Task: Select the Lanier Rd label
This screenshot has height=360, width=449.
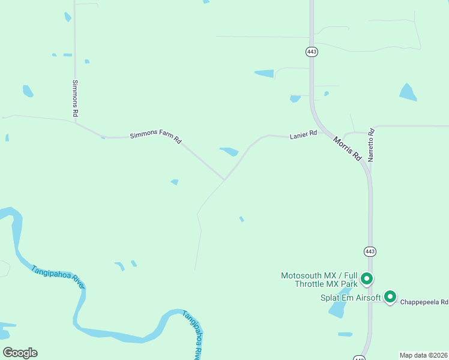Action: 303,136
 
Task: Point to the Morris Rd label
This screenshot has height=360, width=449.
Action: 348,148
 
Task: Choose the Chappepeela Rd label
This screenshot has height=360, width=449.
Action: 425,302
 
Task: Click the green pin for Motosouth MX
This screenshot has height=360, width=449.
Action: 367,279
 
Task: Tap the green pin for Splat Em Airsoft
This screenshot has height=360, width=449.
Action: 390,296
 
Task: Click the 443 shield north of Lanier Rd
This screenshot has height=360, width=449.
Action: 311,52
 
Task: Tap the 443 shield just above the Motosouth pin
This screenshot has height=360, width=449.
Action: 370,251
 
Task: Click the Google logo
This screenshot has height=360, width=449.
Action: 20,353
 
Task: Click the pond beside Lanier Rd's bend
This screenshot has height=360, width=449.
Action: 229,151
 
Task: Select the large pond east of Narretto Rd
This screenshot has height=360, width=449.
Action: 408,92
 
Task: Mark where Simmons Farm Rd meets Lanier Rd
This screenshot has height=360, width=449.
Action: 225,179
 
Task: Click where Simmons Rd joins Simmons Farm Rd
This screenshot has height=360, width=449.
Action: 76,124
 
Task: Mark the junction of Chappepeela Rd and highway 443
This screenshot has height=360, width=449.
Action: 371,302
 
